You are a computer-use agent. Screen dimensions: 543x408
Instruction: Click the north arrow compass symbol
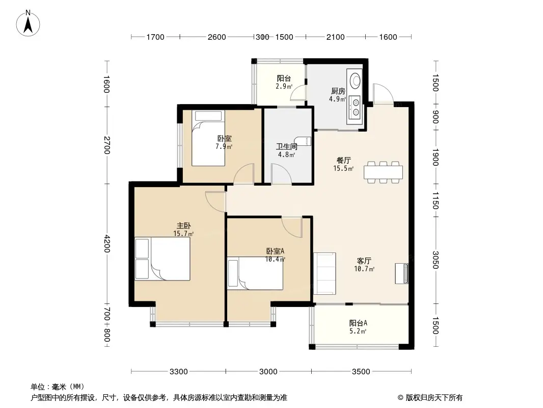[x=28, y=23]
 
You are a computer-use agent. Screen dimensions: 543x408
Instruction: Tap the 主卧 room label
[x=183, y=225]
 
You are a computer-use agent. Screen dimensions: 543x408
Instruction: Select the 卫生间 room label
[x=286, y=147]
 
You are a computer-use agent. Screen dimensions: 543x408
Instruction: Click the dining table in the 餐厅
[x=383, y=172]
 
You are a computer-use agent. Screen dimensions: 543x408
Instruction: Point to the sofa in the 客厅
[x=324, y=273]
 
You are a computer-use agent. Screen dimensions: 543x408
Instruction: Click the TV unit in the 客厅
[x=402, y=273]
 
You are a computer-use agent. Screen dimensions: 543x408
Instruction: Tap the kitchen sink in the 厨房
[x=355, y=81]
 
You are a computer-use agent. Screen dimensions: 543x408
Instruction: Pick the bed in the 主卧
[x=162, y=259]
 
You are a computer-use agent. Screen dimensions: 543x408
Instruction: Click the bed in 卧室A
[x=255, y=273]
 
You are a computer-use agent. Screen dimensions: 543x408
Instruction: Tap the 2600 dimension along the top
[x=217, y=37]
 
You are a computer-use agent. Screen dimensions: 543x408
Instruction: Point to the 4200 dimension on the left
[x=107, y=244]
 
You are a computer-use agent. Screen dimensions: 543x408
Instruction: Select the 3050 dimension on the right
[x=436, y=260]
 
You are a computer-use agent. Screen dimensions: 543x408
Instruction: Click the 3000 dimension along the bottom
[x=268, y=372]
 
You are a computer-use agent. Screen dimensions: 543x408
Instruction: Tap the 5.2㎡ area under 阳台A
[x=358, y=331]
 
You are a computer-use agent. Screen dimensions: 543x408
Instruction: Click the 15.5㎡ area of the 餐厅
[x=343, y=168]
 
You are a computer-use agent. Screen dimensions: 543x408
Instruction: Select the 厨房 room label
[x=338, y=91]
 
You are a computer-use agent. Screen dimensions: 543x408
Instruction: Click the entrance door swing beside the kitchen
[x=384, y=94]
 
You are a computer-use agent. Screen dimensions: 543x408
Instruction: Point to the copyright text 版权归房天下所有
[x=433, y=398]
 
